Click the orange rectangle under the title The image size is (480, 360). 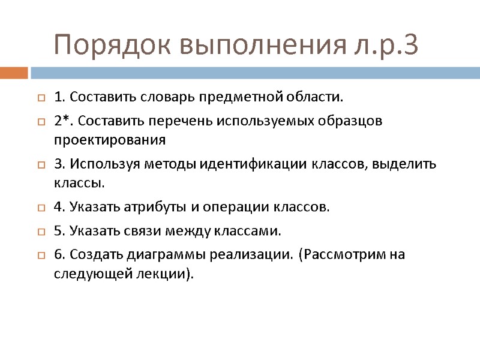tap(14, 73)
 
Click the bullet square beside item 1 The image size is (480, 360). tap(41, 97)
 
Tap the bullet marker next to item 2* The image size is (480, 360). tap(41, 122)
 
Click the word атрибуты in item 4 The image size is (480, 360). tap(157, 208)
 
